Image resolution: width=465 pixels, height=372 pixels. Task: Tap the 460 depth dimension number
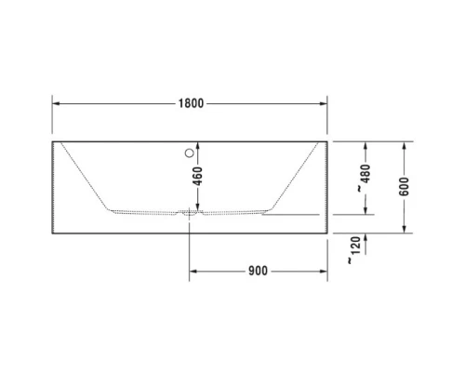click(x=197, y=176)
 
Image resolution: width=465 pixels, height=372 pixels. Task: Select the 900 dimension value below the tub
click(x=258, y=272)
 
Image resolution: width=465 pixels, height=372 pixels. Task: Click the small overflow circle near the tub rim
click(x=191, y=153)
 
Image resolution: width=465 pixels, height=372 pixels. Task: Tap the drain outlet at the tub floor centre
click(x=191, y=212)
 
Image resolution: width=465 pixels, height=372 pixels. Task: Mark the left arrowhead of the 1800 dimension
click(x=55, y=103)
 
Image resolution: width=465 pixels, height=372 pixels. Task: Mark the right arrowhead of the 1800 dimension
click(x=325, y=103)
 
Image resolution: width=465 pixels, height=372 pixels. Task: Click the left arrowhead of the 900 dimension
click(x=194, y=272)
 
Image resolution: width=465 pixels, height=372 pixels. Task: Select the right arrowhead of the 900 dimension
click(x=325, y=272)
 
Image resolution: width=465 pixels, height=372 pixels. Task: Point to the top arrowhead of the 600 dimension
click(x=405, y=145)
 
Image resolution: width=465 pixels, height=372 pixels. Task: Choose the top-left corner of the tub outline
click(x=52, y=141)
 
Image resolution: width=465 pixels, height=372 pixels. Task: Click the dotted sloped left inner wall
click(x=84, y=177)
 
